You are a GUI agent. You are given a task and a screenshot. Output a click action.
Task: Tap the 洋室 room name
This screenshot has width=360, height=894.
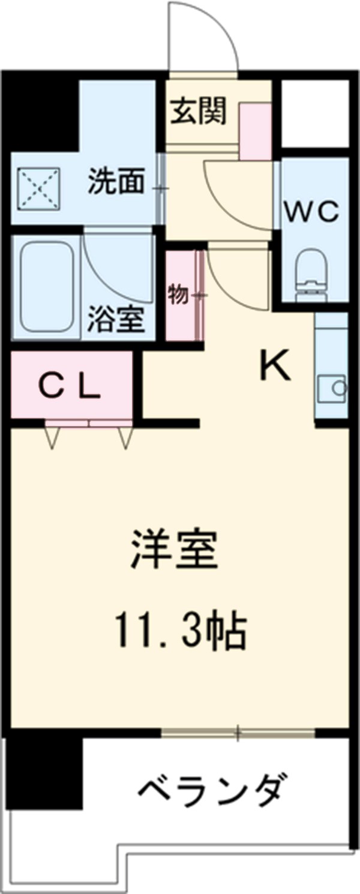(x=173, y=550)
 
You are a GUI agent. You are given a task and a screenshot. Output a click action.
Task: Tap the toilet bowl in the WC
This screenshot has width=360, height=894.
(x=311, y=273)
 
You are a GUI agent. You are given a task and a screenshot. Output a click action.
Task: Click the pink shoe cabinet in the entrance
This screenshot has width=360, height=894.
(x=254, y=131)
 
